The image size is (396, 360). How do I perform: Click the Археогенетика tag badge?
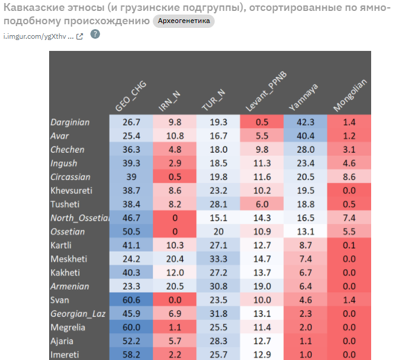coord(183,21)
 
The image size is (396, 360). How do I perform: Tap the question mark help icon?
coord(95,34)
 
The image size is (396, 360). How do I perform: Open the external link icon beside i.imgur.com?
coord(79,36)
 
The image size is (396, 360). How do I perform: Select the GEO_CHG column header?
coord(130,97)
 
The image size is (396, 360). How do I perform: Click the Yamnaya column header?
coord(303,97)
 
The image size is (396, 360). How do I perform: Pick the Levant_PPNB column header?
coord(264,95)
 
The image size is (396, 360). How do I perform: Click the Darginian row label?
coord(70,122)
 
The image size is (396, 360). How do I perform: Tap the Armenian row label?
coord(70,286)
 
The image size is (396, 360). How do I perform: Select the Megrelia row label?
coord(68,327)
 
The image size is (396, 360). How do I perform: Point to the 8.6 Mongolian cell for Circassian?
coord(349,177)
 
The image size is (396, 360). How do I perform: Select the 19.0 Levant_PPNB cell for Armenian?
coord(262,286)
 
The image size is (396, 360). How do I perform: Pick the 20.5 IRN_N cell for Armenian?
coord(175,286)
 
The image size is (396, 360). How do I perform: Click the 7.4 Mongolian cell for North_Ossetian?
coord(349,218)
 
